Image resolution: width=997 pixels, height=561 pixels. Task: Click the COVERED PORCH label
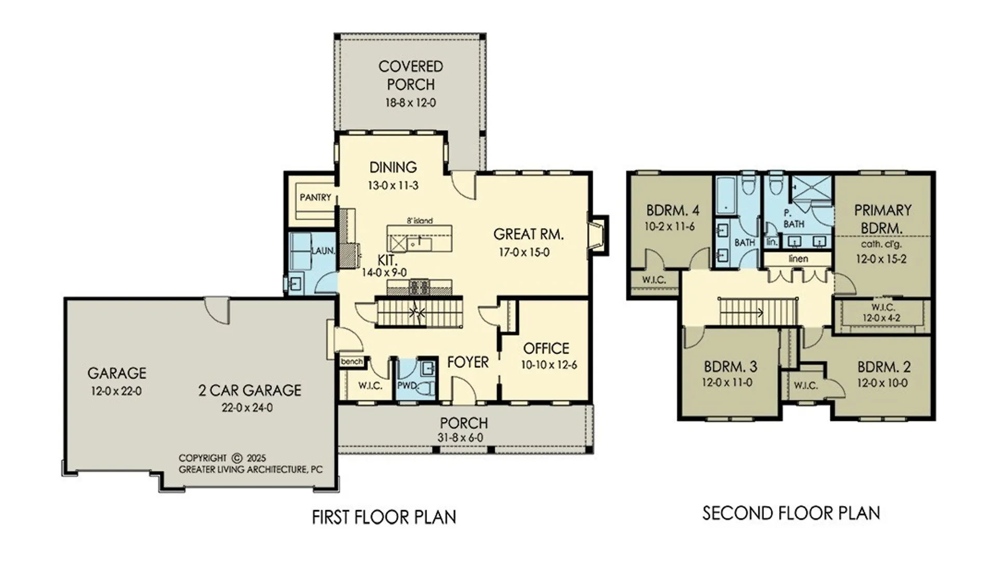[411, 75]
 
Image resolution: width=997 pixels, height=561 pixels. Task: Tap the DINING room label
[393, 167]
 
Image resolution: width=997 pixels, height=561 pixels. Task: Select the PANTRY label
[315, 197]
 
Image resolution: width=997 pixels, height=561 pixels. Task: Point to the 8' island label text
[420, 221]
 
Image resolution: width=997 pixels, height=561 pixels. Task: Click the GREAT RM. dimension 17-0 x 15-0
[524, 252]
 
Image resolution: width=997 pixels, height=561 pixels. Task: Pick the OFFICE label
[546, 348]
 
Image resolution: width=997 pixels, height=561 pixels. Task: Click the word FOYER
[468, 362]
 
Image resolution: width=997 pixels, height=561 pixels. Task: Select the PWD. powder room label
[408, 386]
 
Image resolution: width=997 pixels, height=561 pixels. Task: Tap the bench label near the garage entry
[352, 362]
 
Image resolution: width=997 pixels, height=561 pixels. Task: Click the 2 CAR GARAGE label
[250, 391]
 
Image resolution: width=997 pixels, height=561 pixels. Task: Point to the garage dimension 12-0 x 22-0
[116, 391]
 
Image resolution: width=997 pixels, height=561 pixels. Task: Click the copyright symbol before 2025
[237, 458]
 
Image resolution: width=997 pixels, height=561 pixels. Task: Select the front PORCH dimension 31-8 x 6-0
[460, 438]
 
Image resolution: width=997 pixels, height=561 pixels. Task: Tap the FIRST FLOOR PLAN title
[384, 517]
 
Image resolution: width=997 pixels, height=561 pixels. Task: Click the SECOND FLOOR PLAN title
[791, 513]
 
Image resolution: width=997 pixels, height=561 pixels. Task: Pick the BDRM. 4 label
[672, 210]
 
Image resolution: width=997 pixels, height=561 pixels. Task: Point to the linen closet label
[798, 258]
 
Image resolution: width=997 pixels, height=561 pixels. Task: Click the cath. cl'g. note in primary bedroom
[881, 244]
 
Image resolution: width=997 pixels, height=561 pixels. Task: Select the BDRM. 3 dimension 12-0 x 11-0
[727, 383]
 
